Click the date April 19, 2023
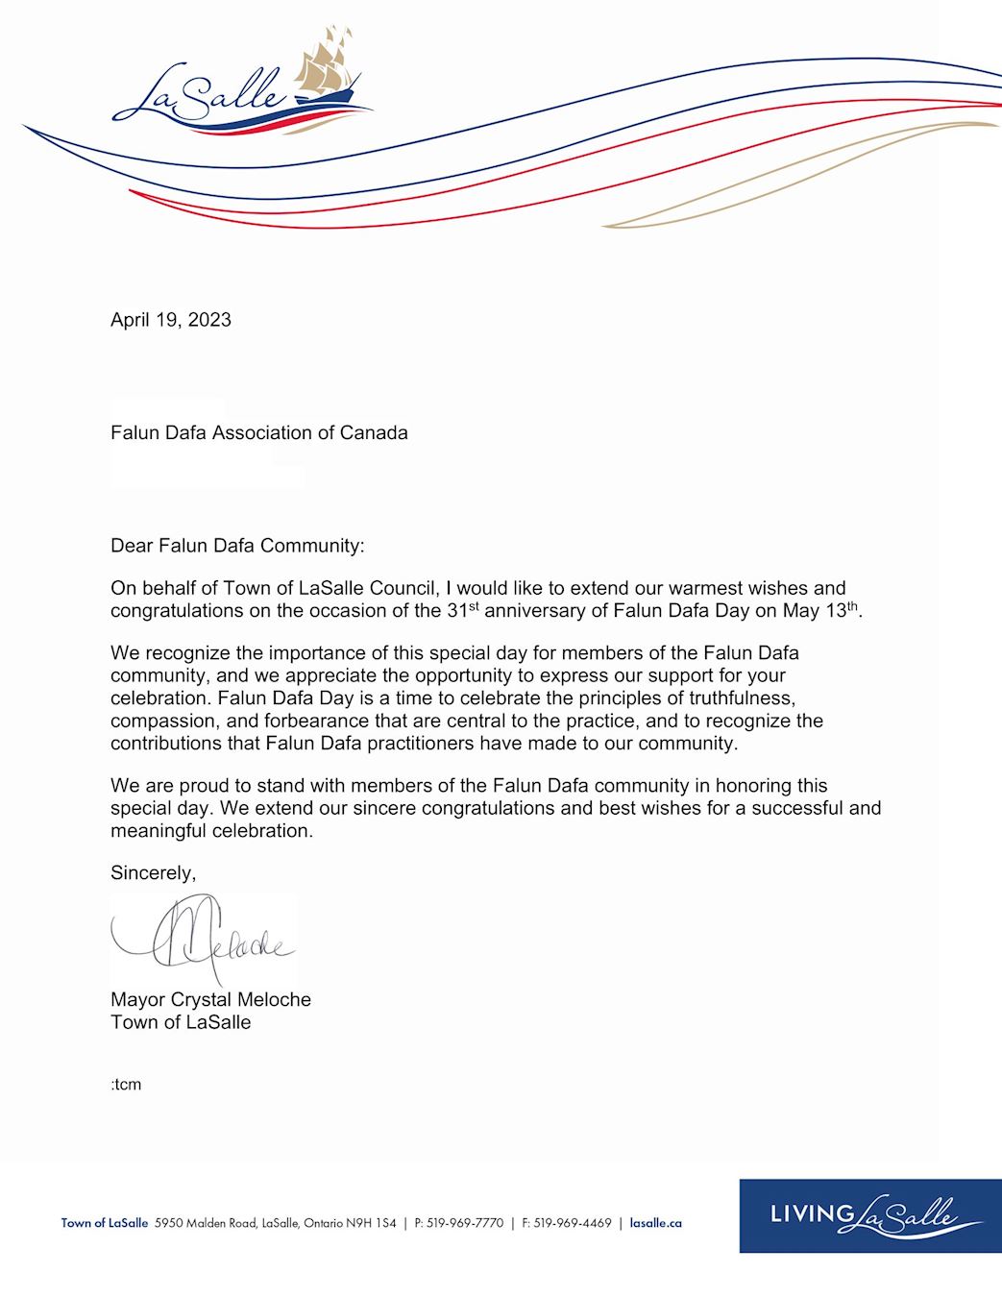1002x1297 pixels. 171,320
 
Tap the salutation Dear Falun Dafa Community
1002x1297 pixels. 237,546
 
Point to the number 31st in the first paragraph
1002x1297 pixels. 462,610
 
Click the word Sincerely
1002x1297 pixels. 153,872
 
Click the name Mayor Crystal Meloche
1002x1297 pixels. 210,999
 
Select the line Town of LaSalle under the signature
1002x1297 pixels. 181,1022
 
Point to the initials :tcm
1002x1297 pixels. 126,1085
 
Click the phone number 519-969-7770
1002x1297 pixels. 465,1223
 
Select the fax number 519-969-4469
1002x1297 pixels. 573,1223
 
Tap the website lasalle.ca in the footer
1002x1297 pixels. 655,1223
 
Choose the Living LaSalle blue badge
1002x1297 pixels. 869,1215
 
